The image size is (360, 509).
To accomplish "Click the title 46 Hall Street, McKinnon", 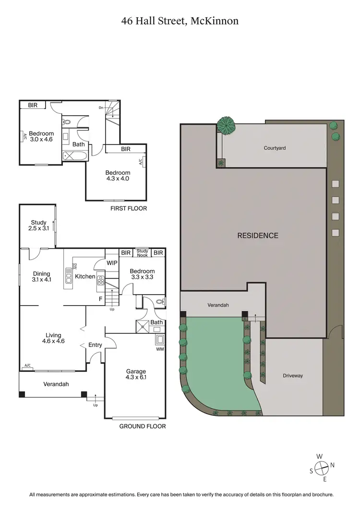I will [180, 21].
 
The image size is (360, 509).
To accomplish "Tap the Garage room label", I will [136, 375].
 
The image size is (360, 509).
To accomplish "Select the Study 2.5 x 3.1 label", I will [38, 225].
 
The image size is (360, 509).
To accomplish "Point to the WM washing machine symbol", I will [159, 340].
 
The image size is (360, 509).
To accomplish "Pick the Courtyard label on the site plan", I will [275, 148].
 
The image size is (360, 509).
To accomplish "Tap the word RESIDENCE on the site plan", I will [258, 236].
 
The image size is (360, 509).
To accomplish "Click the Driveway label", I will [292, 376].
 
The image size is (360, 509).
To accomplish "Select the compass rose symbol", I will [322, 465].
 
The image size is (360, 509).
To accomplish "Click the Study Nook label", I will [142, 252].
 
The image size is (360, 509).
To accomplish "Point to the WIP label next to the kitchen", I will [112, 263].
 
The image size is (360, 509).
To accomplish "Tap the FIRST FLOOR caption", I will [129, 209].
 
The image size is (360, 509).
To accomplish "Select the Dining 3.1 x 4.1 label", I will [41, 277].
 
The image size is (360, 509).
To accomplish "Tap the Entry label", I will [95, 345].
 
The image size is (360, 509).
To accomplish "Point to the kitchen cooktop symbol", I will [101, 280].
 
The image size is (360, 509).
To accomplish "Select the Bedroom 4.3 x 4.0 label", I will [118, 176].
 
